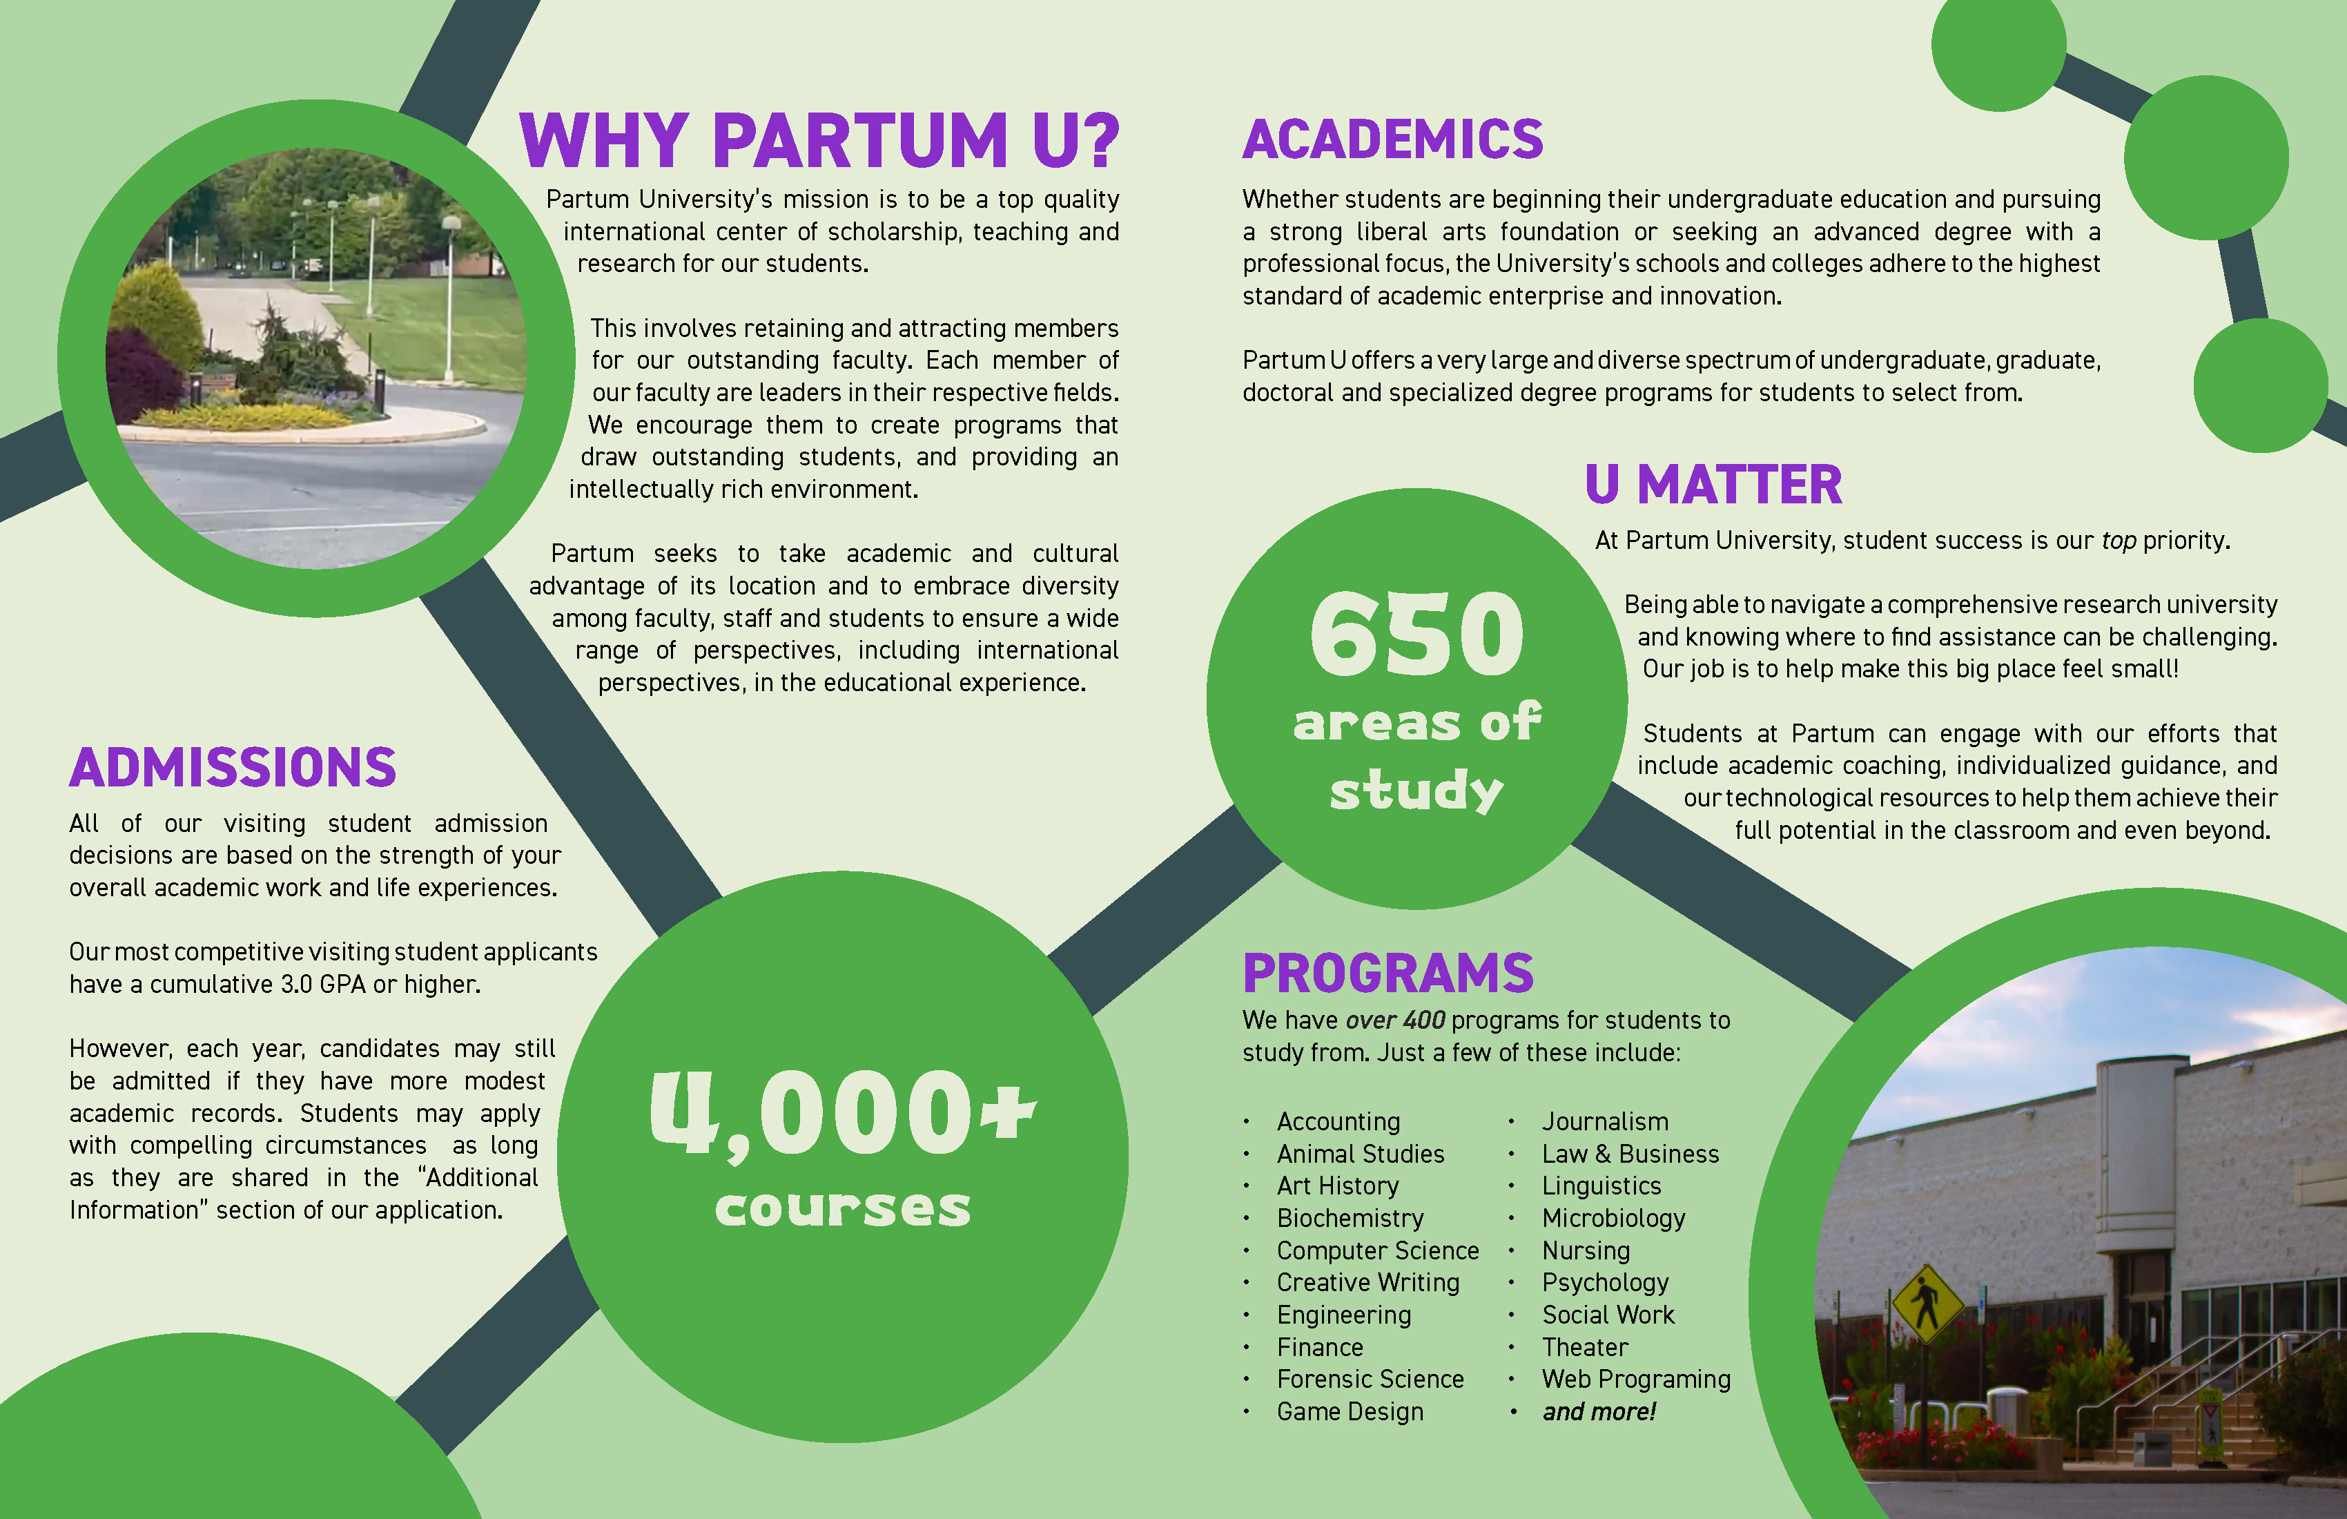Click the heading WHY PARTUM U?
coord(819,140)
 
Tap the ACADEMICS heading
coord(1392,139)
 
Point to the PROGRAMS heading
coord(1387,974)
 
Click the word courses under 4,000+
coord(842,1208)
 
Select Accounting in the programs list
coord(1338,1121)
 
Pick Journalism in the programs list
coord(1604,1121)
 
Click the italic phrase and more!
coord(1599,1411)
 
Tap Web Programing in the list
coord(1636,1379)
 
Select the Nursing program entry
coord(1586,1250)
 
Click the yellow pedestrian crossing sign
coord(1926,1302)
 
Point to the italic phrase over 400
coord(1394,1020)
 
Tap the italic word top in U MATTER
coord(2119,541)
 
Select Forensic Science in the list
coord(1370,1379)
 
